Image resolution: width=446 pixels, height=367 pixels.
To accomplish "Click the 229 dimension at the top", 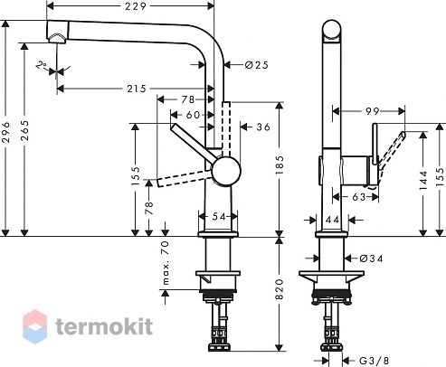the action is tap(136, 6).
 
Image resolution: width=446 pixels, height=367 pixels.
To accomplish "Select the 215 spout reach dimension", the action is tap(137, 89).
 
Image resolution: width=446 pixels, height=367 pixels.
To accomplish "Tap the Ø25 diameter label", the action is tap(256, 65).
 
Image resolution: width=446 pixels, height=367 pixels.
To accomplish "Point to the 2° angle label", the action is tap(42, 65).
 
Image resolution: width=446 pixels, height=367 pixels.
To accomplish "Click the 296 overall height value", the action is tap(6, 132).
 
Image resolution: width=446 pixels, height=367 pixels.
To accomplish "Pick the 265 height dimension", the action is tap(25, 131).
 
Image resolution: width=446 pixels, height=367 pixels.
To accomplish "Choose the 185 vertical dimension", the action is tap(280, 165).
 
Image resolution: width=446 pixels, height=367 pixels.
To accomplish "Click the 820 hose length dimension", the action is tap(280, 289).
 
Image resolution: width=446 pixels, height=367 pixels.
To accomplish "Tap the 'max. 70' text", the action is tap(166, 263).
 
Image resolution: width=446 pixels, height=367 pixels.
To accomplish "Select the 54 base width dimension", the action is tap(219, 216).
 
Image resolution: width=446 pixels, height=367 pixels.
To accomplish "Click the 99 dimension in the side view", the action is tap(372, 111).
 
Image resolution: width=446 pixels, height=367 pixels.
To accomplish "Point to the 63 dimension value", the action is tap(359, 197).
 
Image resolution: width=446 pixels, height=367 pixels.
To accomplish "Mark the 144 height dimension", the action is tap(423, 180).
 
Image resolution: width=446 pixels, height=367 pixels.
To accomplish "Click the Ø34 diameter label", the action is tap(371, 259).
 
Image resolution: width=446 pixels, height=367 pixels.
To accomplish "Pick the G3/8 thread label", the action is tap(374, 361).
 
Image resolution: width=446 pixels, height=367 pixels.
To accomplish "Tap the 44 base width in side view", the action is tap(333, 220).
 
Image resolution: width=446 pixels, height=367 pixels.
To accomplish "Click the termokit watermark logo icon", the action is tap(35, 326).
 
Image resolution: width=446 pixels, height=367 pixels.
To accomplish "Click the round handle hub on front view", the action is tap(226, 171).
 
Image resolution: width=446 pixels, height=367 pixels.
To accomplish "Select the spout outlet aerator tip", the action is tap(57, 39).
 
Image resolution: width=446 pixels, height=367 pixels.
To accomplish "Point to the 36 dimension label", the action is tap(263, 127).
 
